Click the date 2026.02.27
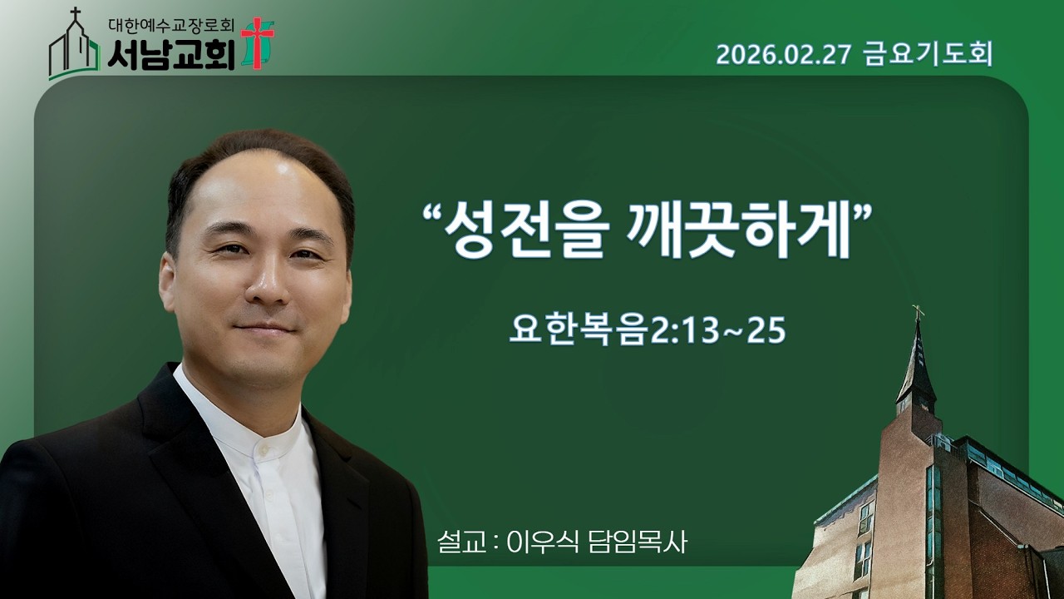tap(784, 55)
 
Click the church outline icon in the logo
tap(74, 48)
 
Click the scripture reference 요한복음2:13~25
tap(647, 330)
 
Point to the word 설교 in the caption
tap(461, 542)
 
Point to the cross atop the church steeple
tap(918, 313)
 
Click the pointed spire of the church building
tap(917, 358)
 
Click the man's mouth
tap(264, 329)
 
